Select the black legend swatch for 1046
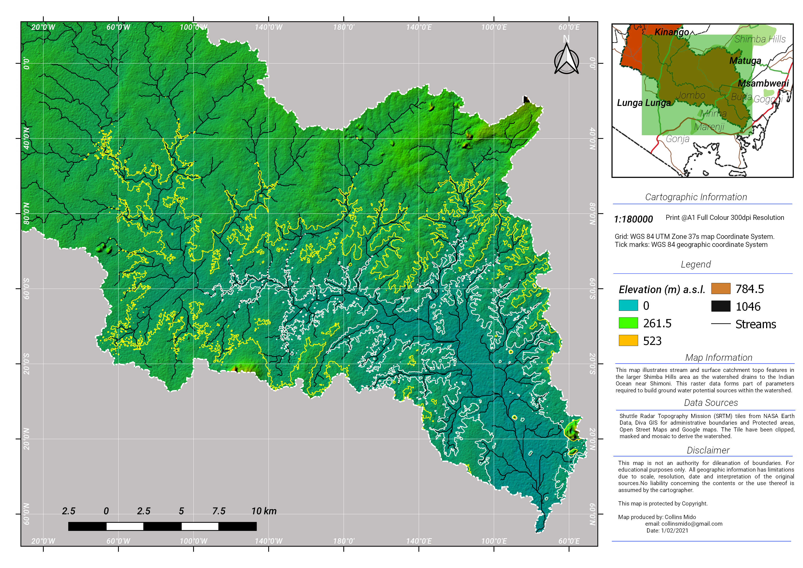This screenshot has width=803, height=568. [x=721, y=306]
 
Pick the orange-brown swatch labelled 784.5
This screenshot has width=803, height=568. [x=721, y=289]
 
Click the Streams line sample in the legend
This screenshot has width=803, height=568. [x=721, y=324]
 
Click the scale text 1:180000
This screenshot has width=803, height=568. [x=633, y=219]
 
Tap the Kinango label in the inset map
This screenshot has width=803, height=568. [x=671, y=32]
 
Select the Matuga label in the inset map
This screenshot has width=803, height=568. [x=745, y=61]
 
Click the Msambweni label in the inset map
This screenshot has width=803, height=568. [x=763, y=84]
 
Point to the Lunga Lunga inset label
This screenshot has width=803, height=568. [x=643, y=103]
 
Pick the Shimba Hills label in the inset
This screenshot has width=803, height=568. [x=760, y=39]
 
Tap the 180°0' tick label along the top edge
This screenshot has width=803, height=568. [x=343, y=27]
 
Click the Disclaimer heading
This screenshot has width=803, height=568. [x=708, y=450]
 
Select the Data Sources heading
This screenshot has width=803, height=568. [x=711, y=403]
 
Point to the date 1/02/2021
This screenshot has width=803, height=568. [x=674, y=531]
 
